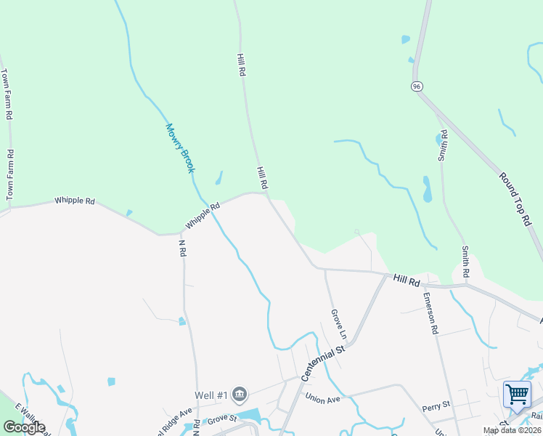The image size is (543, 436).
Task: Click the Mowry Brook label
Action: [x=180, y=148]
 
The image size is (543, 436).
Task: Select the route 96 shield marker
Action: [x=416, y=86]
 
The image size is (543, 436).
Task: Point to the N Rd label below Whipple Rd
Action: [x=182, y=249]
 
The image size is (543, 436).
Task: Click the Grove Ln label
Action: [x=339, y=324]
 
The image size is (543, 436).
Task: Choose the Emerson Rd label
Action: [x=431, y=313]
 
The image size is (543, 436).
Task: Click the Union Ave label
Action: [x=323, y=398]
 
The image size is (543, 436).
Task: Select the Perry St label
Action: [x=436, y=404]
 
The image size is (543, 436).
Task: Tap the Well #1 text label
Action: [x=211, y=395]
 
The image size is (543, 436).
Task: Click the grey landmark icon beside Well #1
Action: [x=240, y=395]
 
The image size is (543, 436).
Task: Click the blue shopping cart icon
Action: [x=517, y=395]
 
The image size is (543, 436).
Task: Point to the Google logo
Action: [x=23, y=427]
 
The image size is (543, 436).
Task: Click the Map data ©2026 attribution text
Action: [x=512, y=430]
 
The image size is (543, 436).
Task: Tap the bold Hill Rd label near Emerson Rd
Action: [x=407, y=279]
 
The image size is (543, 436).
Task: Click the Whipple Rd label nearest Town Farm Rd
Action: [x=75, y=201]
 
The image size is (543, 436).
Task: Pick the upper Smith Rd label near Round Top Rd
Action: [x=443, y=148]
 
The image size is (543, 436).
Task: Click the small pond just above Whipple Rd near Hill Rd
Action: [x=218, y=178]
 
